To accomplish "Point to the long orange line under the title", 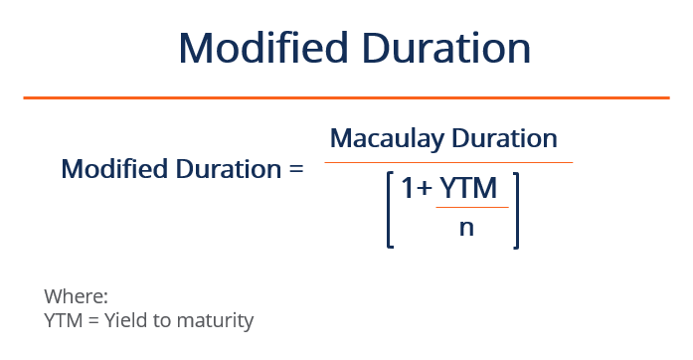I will pyautogui.click(x=346, y=97).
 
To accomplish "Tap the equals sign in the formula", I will pyautogui.click(x=294, y=168).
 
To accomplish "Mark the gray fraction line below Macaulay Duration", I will pyautogui.click(x=448, y=162).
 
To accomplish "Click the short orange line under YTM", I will pyautogui.click(x=472, y=207).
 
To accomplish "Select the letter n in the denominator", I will pyautogui.click(x=465, y=227).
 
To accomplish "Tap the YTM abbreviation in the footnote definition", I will pyautogui.click(x=64, y=320).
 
